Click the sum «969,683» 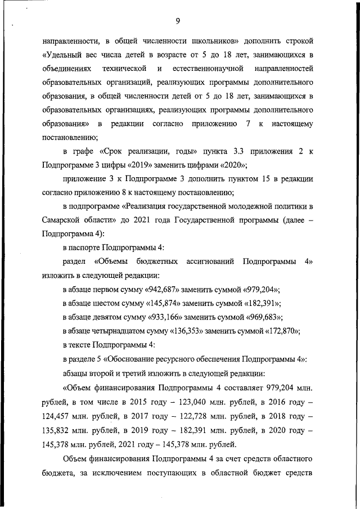point(257,317)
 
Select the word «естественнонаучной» point(211,69)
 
